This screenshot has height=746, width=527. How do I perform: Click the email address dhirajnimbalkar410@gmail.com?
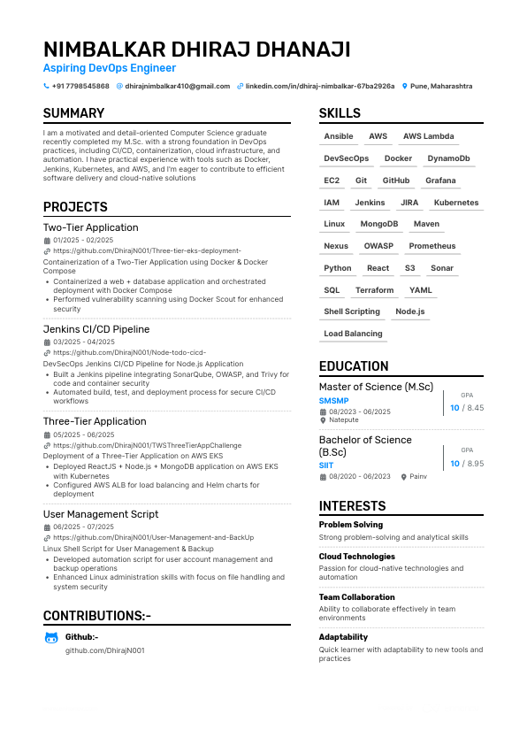pyautogui.click(x=178, y=87)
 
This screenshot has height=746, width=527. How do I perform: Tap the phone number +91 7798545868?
pyautogui.click(x=80, y=87)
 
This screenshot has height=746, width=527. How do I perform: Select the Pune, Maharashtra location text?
pyautogui.click(x=441, y=87)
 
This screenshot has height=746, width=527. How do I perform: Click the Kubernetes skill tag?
pyautogui.click(x=456, y=203)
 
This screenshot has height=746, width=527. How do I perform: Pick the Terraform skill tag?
pyautogui.click(x=375, y=290)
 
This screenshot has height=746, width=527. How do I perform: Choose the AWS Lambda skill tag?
pyautogui.click(x=429, y=136)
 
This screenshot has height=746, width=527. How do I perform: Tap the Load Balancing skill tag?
pyautogui.click(x=354, y=334)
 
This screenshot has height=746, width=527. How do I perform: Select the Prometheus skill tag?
pyautogui.click(x=432, y=246)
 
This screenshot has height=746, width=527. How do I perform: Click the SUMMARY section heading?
pyautogui.click(x=73, y=113)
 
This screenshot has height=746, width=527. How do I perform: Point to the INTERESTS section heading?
pyautogui.click(x=352, y=506)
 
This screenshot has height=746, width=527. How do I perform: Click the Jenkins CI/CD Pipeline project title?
pyautogui.click(x=96, y=329)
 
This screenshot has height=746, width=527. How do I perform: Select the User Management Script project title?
pyautogui.click(x=101, y=514)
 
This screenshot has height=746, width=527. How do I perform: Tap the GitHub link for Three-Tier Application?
pyautogui.click(x=147, y=446)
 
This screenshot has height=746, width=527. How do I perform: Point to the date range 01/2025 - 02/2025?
pyautogui.click(x=83, y=240)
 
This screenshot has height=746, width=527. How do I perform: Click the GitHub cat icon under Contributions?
pyautogui.click(x=51, y=638)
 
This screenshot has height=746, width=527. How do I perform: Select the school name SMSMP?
pyautogui.click(x=333, y=401)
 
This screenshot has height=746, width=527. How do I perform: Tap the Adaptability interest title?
pyautogui.click(x=343, y=637)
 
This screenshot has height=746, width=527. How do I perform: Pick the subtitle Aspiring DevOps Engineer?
pyautogui.click(x=110, y=68)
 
